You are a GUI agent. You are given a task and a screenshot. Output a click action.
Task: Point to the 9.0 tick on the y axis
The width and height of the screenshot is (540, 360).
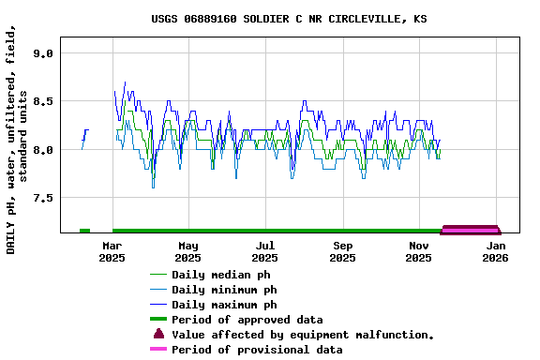tap(42, 53)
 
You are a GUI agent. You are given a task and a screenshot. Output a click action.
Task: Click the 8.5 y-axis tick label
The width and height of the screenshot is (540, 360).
tap(42, 101)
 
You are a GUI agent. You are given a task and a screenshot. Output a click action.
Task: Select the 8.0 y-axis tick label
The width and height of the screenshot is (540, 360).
tap(42, 150)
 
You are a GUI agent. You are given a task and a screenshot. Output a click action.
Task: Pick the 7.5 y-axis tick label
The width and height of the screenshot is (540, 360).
tap(42, 198)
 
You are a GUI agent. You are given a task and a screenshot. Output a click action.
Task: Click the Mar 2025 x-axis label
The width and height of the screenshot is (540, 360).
tap(112, 251)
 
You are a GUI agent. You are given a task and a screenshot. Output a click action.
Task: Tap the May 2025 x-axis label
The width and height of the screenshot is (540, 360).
tap(188, 251)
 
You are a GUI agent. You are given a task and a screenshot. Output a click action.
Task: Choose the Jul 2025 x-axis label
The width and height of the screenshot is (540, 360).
tap(265, 251)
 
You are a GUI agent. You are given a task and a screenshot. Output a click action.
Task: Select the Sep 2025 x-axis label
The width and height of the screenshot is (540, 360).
tap(343, 251)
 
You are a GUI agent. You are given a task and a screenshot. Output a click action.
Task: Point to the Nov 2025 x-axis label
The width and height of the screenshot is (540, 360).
tap(420, 251)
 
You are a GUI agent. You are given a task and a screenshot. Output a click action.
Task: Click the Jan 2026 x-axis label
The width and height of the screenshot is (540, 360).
tap(497, 251)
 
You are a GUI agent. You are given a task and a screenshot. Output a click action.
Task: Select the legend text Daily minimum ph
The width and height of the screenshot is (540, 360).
tap(224, 290)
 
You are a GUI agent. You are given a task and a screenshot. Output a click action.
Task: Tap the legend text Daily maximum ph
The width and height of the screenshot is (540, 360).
tap(224, 305)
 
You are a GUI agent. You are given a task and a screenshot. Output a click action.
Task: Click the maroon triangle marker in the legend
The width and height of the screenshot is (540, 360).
tap(158, 334)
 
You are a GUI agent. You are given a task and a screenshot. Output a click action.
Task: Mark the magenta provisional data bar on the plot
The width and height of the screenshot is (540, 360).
tap(470, 228)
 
